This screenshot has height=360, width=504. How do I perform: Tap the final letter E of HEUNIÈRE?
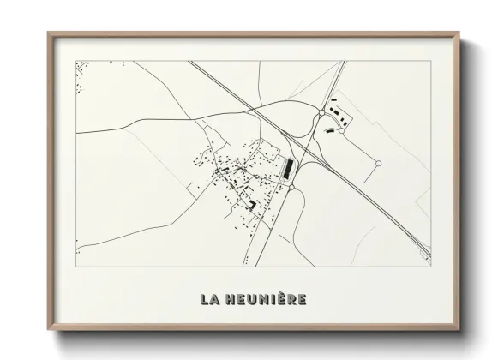click(x=303, y=300)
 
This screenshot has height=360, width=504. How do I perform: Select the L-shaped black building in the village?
click(x=252, y=204)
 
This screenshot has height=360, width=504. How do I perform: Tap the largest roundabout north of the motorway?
click(x=320, y=113)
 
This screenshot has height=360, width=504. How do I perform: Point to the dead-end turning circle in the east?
click(x=378, y=163)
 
